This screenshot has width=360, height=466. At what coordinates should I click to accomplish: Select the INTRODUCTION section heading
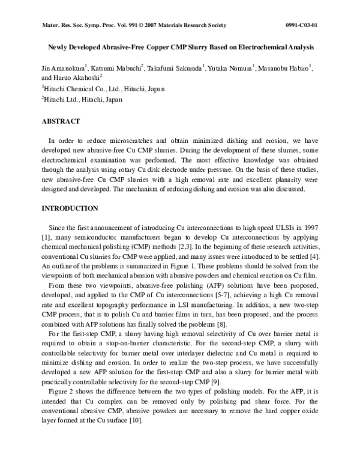[70, 208]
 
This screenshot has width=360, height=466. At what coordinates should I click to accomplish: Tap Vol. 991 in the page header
[113, 25]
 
